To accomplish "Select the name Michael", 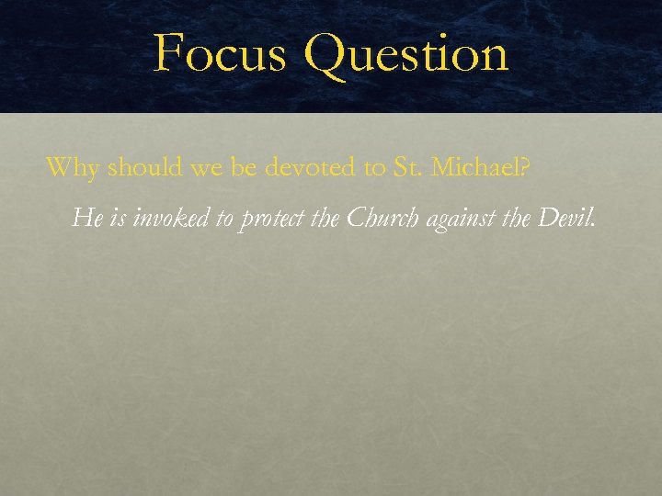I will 476,167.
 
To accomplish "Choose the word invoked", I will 171,219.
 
